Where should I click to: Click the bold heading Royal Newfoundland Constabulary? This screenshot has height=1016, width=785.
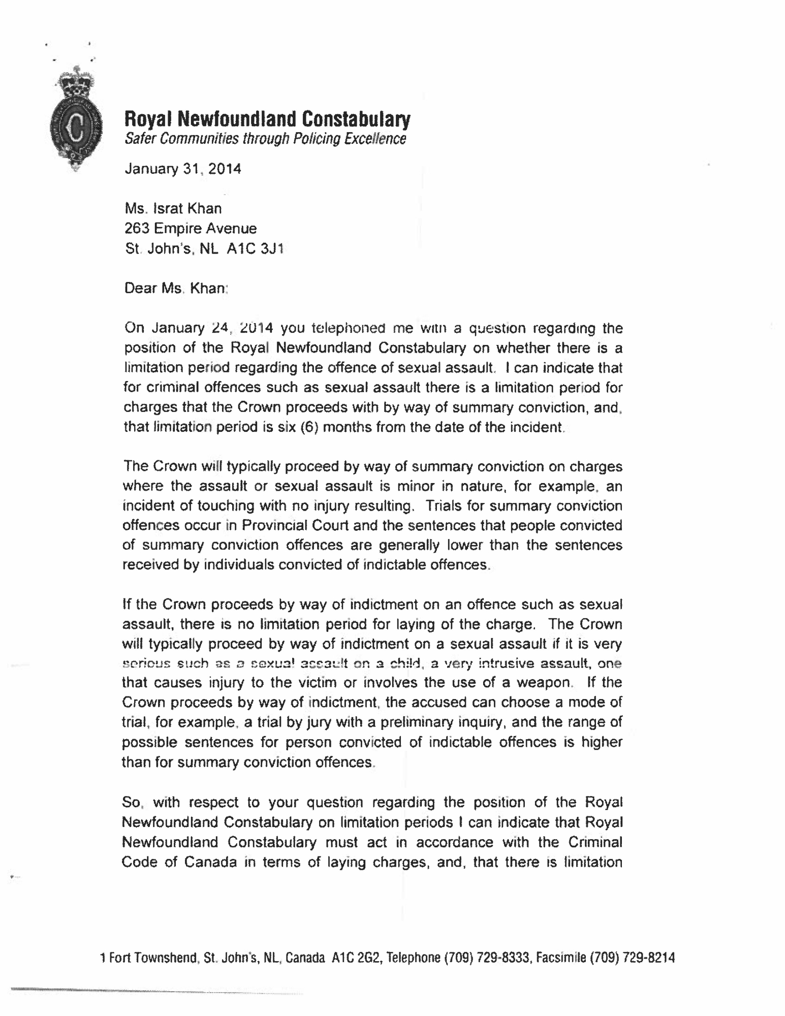point(267,119)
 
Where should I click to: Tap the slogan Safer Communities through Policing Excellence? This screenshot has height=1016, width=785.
point(265,138)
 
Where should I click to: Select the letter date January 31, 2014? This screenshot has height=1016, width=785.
point(183,168)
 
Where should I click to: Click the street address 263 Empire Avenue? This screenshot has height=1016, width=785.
point(191,229)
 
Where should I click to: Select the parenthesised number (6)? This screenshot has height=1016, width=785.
point(309,427)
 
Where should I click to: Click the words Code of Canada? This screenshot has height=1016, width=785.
point(179,862)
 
